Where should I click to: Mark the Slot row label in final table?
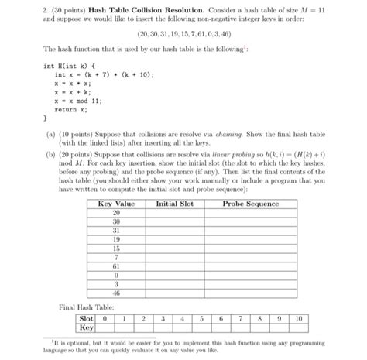coord(85,317)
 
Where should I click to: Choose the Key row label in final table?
coord(85,327)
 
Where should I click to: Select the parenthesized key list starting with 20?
coord(183,35)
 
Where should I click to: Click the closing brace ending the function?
coord(45,120)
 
